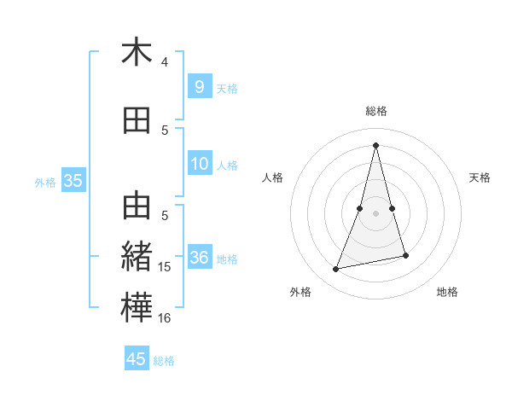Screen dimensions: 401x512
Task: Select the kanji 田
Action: [137, 121]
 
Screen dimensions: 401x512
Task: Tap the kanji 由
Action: [137, 206]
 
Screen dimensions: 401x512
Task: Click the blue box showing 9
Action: [199, 86]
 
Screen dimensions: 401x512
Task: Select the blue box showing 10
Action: [200, 164]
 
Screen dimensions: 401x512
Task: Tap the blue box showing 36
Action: [200, 258]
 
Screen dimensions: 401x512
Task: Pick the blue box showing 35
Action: [73, 180]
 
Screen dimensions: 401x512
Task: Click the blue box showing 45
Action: [137, 359]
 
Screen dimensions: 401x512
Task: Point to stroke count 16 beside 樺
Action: [165, 318]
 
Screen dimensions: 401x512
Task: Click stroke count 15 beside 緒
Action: [165, 267]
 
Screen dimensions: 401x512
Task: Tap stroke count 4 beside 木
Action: [165, 61]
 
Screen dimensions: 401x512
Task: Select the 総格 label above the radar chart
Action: [375, 111]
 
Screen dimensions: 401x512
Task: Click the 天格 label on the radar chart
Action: [480, 177]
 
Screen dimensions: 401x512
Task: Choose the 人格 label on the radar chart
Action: [272, 177]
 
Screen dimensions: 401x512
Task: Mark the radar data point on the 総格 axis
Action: [375, 144]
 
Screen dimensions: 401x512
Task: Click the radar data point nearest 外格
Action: [336, 269]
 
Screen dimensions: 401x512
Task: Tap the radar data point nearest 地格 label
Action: [405, 255]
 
